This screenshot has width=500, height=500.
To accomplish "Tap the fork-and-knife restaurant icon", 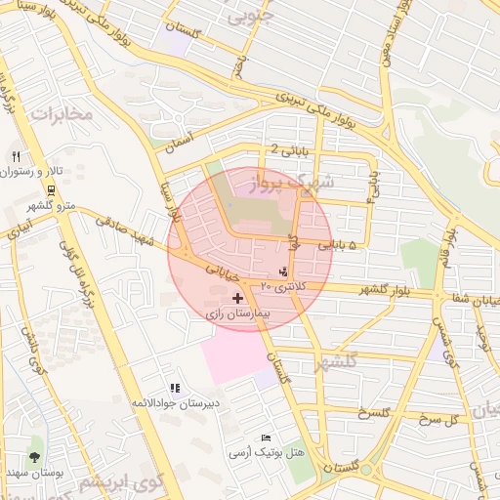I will [16, 156].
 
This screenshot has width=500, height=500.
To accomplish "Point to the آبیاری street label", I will [19, 231].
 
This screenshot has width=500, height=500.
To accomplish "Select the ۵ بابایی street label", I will [339, 246].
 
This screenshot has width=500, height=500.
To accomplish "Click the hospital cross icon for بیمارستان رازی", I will [239, 296].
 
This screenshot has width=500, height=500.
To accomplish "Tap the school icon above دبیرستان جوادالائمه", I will [175, 388].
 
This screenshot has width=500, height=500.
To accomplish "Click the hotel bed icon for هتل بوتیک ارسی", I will [267, 438].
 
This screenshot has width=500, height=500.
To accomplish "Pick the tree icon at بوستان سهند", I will [36, 456].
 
